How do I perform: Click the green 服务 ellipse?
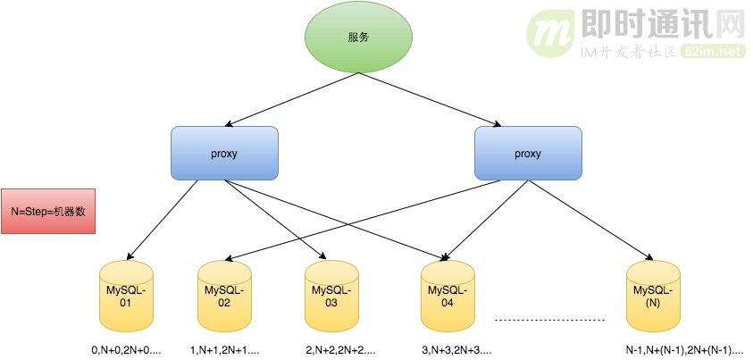pos(358,38)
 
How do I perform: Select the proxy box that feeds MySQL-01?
pos(224,153)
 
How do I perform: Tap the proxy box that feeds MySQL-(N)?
pos(528,153)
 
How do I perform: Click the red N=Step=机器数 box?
pos(47,211)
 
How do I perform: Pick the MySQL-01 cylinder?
pos(125,295)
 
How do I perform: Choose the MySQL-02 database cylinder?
pos(223,295)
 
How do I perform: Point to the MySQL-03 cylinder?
pos(330,295)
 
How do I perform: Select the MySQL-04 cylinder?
pos(447,295)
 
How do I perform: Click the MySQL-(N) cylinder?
pos(652,295)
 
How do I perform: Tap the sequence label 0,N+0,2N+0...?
pos(124,350)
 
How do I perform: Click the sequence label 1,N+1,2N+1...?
pos(224,350)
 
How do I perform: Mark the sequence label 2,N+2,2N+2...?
pos(340,350)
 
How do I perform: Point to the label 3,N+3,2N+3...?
pos(456,350)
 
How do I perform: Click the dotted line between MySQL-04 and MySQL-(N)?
pos(550,319)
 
